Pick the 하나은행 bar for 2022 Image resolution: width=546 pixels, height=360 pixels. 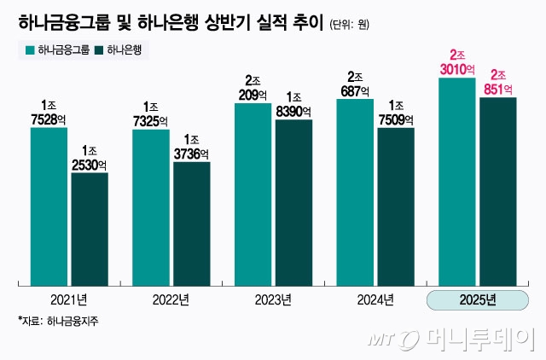coord(191,224)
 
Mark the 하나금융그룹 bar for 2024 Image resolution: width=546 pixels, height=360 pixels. coord(355,192)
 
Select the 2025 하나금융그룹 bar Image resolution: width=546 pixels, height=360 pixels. coord(456,182)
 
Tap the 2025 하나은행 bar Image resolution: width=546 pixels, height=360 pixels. coord(498,191)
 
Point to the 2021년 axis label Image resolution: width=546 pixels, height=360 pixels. coord(69,299)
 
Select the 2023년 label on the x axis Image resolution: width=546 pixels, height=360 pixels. coord(273,299)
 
